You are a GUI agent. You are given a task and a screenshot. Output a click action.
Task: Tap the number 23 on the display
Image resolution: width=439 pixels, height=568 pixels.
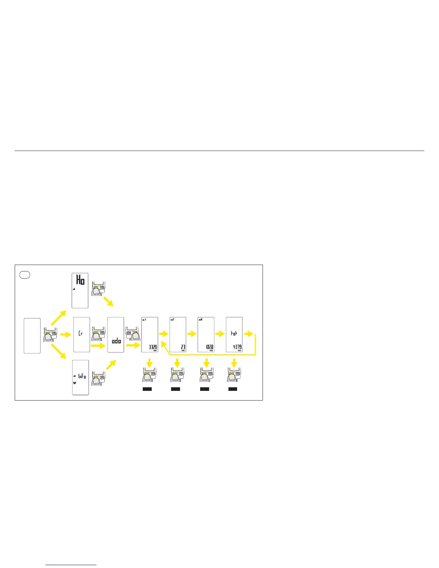(183, 347)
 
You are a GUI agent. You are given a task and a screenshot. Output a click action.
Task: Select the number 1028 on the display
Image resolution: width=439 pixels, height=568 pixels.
(209, 347)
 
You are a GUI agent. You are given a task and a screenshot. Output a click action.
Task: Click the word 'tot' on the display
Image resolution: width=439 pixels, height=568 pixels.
(234, 333)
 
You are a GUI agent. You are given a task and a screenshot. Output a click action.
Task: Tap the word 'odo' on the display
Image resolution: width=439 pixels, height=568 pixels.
(116, 341)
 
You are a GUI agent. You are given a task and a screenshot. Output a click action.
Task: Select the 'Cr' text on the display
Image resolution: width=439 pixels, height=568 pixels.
(81, 333)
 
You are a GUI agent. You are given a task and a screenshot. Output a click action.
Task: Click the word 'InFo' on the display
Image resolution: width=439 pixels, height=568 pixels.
(82, 376)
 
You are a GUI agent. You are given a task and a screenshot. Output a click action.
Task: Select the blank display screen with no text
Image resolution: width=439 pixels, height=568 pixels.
(32, 336)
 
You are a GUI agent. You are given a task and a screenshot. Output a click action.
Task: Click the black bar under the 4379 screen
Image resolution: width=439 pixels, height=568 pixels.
(233, 389)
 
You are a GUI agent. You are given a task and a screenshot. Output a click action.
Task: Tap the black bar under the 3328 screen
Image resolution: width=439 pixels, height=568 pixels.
(147, 389)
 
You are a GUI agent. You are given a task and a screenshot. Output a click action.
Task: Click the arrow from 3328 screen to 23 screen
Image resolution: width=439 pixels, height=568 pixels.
(164, 334)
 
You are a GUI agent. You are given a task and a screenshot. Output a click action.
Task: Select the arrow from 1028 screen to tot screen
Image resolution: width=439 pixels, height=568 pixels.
(220, 334)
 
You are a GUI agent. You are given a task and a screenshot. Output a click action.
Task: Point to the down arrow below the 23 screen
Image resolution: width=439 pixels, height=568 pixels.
(177, 363)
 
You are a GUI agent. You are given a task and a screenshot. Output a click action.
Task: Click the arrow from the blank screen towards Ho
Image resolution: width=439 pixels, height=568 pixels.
(59, 318)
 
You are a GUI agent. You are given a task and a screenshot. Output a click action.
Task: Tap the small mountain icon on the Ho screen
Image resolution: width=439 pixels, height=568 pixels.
(74, 288)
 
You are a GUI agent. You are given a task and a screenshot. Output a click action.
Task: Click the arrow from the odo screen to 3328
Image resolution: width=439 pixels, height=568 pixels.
(133, 345)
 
